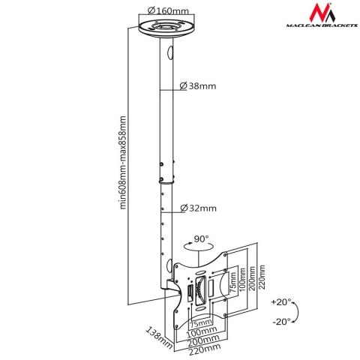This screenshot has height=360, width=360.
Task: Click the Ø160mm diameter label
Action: click(169, 10)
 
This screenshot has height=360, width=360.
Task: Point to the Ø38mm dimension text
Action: click(199, 87)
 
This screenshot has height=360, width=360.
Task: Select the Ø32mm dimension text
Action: click(199, 208)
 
